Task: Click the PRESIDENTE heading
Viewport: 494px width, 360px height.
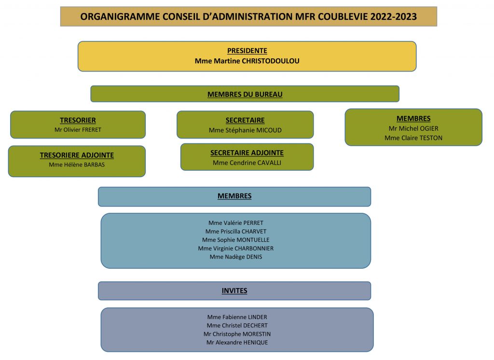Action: point(247,51)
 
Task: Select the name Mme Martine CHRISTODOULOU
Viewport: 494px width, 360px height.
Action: point(247,61)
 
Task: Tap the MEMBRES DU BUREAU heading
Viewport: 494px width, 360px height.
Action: point(245,94)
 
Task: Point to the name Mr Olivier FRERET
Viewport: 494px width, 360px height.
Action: point(78,129)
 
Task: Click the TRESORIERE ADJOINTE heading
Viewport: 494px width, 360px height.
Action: point(77,155)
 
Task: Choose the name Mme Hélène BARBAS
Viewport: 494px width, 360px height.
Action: point(77,165)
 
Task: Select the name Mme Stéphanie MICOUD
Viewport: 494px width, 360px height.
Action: point(245,130)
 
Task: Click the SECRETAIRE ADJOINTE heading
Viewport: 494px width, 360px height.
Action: point(247,153)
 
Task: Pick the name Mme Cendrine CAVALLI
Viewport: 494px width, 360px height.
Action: point(247,163)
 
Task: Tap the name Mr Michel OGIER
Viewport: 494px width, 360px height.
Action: point(413,128)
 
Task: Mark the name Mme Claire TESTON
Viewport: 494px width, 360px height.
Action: point(413,138)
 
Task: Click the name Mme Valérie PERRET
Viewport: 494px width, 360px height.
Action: point(235,223)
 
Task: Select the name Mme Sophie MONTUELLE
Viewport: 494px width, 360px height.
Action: point(235,240)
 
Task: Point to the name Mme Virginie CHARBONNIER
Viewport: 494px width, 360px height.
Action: point(235,249)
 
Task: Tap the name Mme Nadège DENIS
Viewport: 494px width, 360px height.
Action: point(235,257)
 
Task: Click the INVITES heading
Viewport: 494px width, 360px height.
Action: point(234,291)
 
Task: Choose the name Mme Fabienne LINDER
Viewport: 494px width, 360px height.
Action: point(237,317)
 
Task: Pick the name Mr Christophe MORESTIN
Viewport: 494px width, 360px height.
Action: point(237,334)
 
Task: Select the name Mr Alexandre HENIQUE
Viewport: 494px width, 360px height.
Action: point(237,342)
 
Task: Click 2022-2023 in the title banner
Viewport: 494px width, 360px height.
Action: point(394,16)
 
